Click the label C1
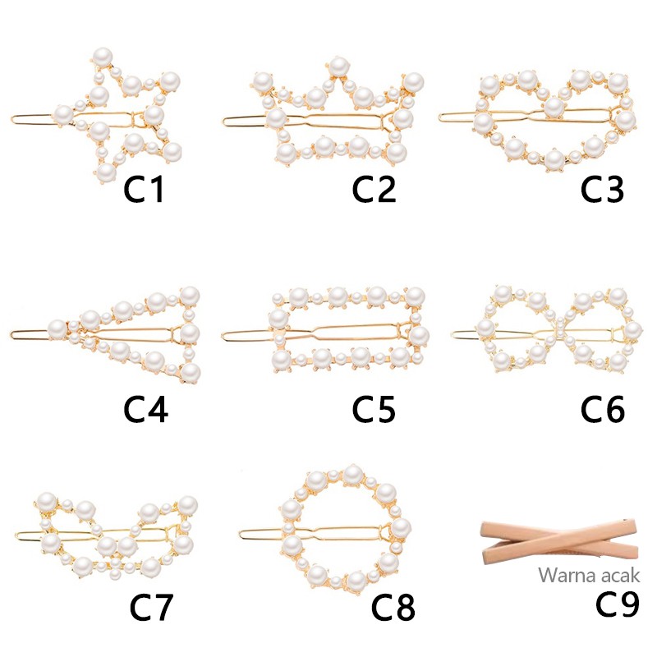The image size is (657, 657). click(x=145, y=190)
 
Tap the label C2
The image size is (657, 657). click(x=374, y=190)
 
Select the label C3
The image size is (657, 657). click(x=603, y=190)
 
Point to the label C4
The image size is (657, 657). click(x=146, y=408)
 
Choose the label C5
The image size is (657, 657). click(x=374, y=408)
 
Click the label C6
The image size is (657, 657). click(x=603, y=408)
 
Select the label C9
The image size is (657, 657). click(x=617, y=604)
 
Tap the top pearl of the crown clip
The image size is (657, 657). click(x=338, y=65)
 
